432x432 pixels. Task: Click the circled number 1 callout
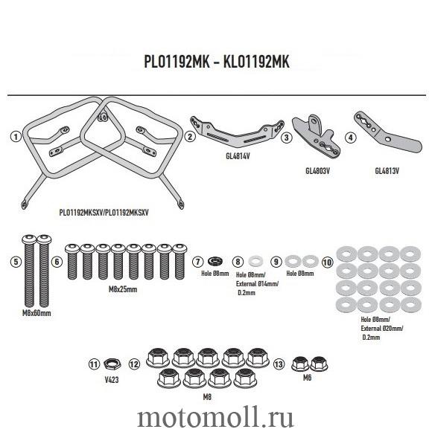pyautogui.click(x=16, y=136)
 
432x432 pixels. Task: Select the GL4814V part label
pyautogui.click(x=238, y=156)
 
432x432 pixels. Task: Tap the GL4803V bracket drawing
pyautogui.click(x=317, y=136)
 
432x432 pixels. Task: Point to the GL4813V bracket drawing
pyautogui.click(x=388, y=133)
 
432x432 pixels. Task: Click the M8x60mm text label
pyautogui.click(x=36, y=313)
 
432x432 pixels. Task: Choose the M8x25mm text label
pyautogui.click(x=123, y=289)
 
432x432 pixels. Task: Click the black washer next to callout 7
pyautogui.click(x=216, y=261)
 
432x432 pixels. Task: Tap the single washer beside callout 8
pyautogui.click(x=255, y=261)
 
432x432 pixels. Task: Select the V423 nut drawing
pyautogui.click(x=112, y=364)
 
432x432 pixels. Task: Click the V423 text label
pyautogui.click(x=112, y=380)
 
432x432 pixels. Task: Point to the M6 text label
pyautogui.click(x=307, y=378)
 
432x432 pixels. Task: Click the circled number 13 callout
pyautogui.click(x=279, y=364)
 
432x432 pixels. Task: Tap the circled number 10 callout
pyautogui.click(x=328, y=262)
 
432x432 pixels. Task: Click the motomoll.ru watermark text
pyautogui.click(x=215, y=418)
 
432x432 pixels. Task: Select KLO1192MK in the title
pyautogui.click(x=256, y=62)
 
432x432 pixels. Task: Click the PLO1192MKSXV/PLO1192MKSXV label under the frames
pyautogui.click(x=104, y=213)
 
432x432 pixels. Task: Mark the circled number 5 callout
pyautogui.click(x=16, y=262)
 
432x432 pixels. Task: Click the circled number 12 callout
pyautogui.click(x=134, y=364)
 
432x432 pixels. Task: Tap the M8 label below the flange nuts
pyautogui.click(x=207, y=397)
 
